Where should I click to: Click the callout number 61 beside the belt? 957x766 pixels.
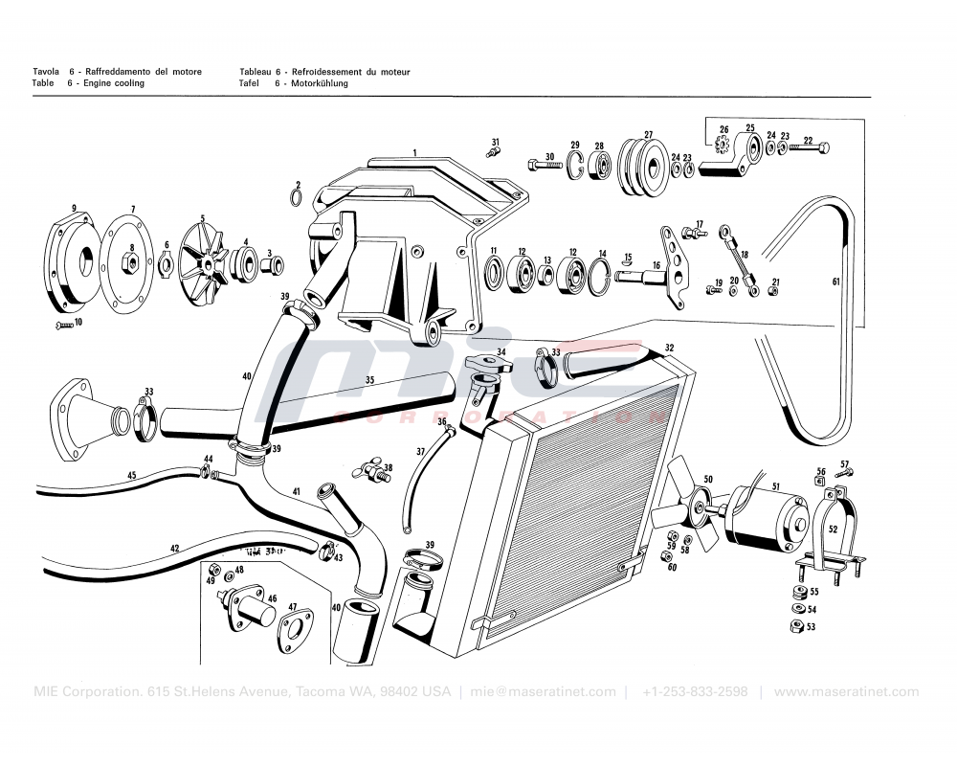[835, 282]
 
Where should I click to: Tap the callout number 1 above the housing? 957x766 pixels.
[414, 152]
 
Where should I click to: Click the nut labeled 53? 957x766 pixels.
[795, 626]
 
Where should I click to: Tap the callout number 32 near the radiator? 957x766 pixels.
[670, 348]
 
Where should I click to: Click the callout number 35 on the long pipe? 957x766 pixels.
[369, 380]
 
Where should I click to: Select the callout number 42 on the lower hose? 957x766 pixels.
[174, 549]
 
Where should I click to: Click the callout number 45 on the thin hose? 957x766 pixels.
[132, 475]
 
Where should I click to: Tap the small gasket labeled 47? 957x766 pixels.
[297, 632]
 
